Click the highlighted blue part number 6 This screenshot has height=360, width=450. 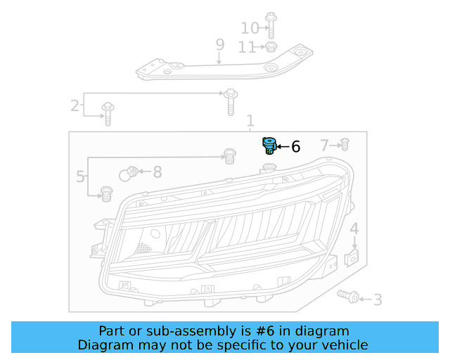[269, 146]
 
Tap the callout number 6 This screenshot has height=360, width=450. [295, 147]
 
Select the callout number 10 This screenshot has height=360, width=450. [250, 28]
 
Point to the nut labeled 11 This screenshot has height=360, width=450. [270, 47]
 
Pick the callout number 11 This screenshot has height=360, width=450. [247, 47]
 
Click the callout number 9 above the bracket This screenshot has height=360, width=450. [219, 45]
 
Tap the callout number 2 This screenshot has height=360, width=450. [75, 106]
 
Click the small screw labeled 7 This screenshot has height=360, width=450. [345, 145]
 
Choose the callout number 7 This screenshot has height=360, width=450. [325, 146]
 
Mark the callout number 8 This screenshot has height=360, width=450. [157, 172]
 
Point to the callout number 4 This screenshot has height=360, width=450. [354, 229]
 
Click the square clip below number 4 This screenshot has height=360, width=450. [353, 258]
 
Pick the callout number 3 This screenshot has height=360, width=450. [378, 300]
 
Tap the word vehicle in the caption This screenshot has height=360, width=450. [345, 345]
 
